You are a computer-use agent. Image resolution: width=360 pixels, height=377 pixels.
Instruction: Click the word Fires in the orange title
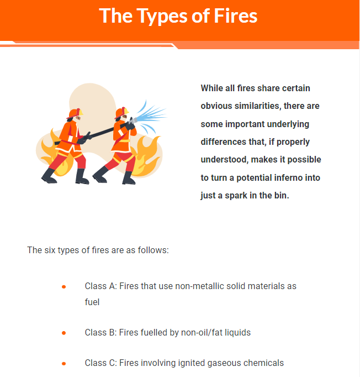235,16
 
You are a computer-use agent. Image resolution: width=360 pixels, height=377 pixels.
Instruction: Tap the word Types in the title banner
162,17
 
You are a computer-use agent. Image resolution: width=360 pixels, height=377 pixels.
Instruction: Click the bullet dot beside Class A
63,286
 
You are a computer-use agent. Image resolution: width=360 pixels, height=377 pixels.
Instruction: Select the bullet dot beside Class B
63,333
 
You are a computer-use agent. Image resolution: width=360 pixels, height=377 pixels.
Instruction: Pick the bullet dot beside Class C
63,363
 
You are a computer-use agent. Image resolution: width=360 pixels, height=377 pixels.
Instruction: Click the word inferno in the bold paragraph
288,177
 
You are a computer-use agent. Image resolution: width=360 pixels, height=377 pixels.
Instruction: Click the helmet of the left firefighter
75,113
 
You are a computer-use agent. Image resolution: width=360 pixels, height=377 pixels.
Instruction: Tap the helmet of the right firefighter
121,112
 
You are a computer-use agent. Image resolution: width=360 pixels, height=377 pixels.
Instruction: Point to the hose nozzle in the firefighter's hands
133,121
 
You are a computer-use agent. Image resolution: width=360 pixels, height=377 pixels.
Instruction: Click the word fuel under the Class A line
92,302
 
